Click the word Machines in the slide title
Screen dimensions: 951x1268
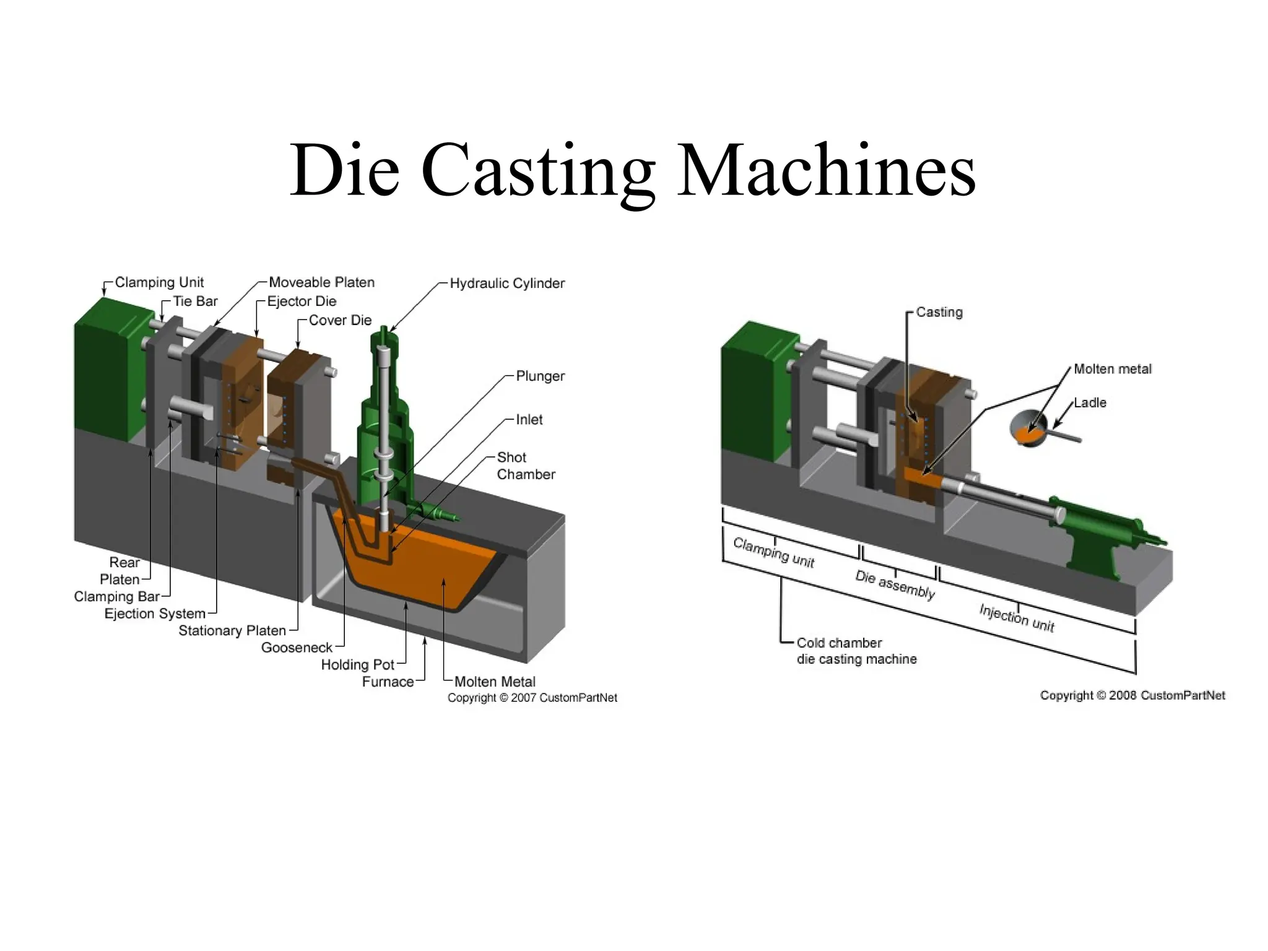[826, 170]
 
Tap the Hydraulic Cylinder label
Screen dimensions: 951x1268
[506, 284]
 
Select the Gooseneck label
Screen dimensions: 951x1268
[297, 648]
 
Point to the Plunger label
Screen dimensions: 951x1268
[540, 376]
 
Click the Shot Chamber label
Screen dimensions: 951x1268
[525, 466]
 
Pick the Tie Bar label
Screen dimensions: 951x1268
[195, 302]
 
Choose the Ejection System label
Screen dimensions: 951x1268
[155, 614]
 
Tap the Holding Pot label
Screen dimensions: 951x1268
[357, 665]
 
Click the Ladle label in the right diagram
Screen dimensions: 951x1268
[1090, 403]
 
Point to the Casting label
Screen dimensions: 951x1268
[939, 312]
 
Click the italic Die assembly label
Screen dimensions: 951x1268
[895, 584]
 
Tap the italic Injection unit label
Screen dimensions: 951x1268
[1017, 617]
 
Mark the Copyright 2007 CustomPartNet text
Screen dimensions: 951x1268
[532, 698]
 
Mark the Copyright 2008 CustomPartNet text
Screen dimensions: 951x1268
[1132, 695]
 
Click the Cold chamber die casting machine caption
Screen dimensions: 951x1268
[856, 651]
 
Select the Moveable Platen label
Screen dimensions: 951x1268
[321, 282]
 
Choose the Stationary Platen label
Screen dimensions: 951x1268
[232, 631]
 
